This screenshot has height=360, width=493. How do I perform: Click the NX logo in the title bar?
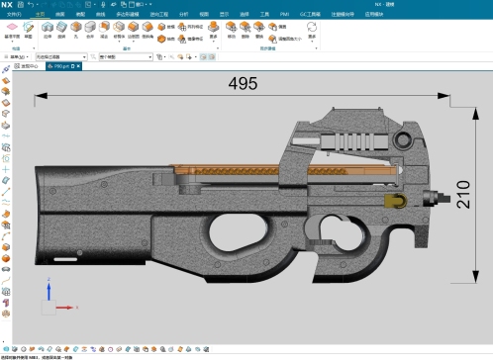click(x=8, y=5)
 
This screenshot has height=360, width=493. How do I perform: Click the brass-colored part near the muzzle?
click(x=394, y=201)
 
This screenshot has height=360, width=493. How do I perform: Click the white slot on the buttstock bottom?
click(x=67, y=259)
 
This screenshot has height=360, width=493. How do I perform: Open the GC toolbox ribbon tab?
click(x=314, y=15)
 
